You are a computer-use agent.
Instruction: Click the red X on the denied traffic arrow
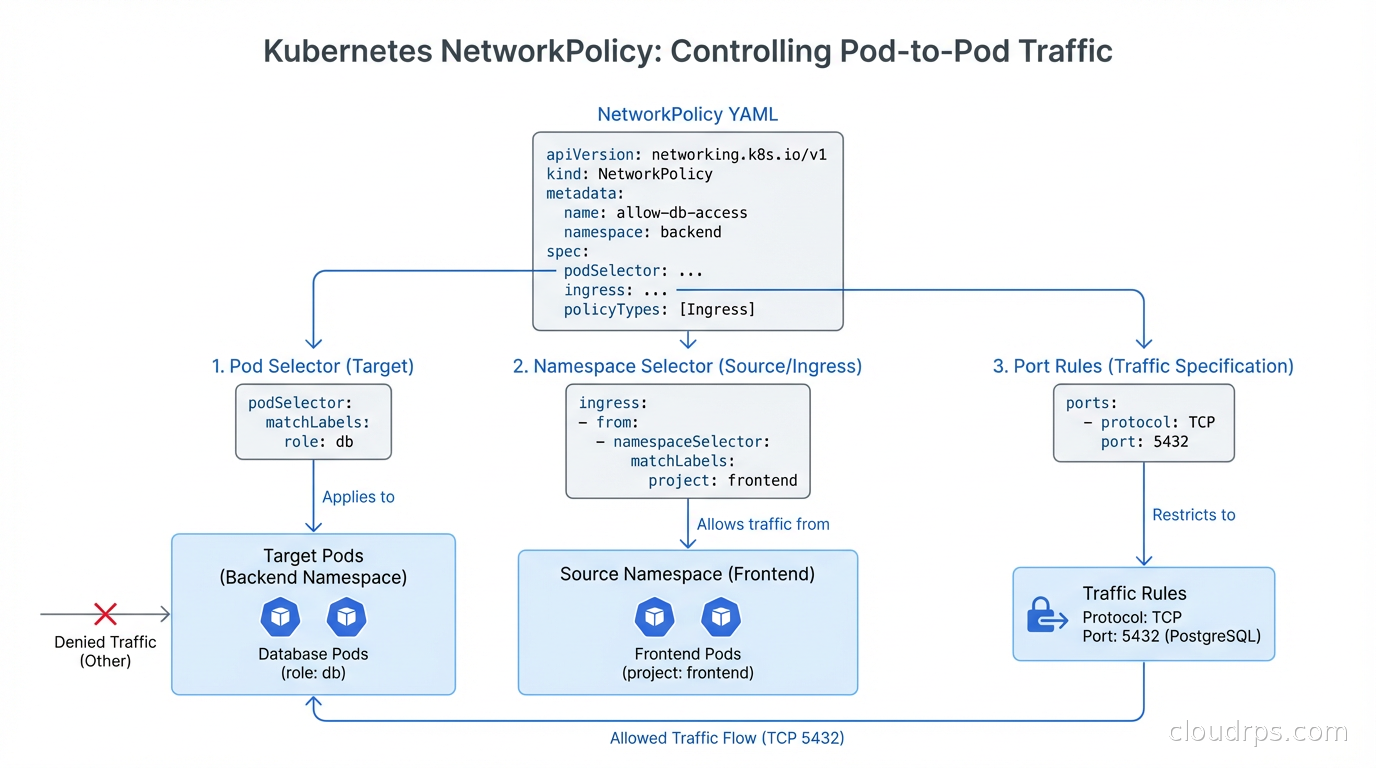(105, 614)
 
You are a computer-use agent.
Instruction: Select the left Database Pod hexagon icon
(280, 617)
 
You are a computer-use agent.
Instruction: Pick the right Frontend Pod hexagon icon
(721, 617)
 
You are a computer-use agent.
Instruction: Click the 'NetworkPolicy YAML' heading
(687, 114)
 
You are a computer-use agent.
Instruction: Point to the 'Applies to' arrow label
(358, 497)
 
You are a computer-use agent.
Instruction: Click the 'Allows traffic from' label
(763, 524)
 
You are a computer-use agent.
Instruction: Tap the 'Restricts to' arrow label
(1193, 515)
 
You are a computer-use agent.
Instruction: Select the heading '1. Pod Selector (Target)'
(312, 366)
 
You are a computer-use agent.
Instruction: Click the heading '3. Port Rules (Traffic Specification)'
(1143, 366)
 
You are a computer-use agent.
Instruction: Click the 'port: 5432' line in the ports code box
(1144, 441)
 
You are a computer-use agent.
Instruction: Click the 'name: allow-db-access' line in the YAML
(655, 212)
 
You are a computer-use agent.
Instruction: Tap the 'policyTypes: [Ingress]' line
(659, 309)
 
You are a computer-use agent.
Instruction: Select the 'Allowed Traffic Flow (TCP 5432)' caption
(727, 738)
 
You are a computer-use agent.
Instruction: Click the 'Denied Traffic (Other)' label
(105, 651)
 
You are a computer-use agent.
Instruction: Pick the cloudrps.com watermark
(1258, 732)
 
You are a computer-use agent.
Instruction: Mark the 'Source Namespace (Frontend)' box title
(687, 574)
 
